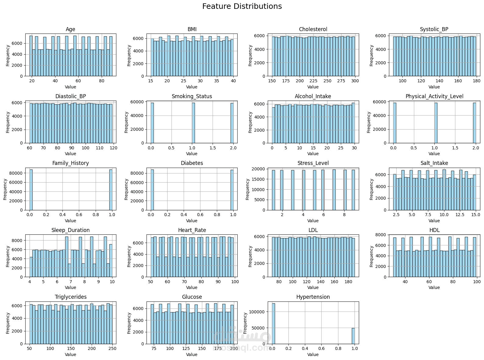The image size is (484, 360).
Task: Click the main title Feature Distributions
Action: click(x=242, y=6)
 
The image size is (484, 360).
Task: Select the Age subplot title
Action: click(x=70, y=29)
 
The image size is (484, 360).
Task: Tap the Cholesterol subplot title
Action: click(x=313, y=29)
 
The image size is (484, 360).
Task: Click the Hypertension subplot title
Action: click(x=313, y=297)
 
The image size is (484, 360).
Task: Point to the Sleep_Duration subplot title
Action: click(x=70, y=230)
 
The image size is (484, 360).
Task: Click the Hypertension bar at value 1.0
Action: click(x=353, y=336)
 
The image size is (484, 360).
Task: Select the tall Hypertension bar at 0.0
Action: click(x=273, y=323)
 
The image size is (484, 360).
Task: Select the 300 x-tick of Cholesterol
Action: click(x=355, y=81)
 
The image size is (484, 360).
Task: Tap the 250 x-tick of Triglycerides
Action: click(x=112, y=349)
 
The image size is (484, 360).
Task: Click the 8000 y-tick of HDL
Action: click(x=383, y=235)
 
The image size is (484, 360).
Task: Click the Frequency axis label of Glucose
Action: click(x=129, y=323)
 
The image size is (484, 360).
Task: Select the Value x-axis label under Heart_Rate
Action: click(x=192, y=287)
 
